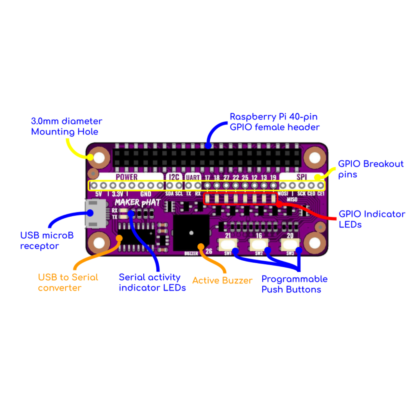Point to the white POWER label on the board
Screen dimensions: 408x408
click(x=126, y=177)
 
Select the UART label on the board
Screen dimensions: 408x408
click(x=193, y=177)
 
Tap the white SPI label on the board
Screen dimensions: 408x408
click(x=302, y=177)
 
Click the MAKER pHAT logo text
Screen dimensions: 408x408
click(x=137, y=202)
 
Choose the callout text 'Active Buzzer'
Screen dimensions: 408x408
click(x=222, y=281)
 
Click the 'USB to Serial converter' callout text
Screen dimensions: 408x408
click(x=68, y=282)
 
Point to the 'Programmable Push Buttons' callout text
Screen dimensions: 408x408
click(x=294, y=284)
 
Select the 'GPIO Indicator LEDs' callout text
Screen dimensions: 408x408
click(x=372, y=219)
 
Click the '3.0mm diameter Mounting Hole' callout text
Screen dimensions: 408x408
click(x=67, y=126)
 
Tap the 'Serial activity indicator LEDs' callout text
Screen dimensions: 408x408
click(x=152, y=282)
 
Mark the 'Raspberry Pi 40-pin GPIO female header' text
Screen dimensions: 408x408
click(x=275, y=122)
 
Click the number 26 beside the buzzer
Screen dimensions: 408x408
click(x=209, y=251)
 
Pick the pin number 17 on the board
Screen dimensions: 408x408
click(x=207, y=177)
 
